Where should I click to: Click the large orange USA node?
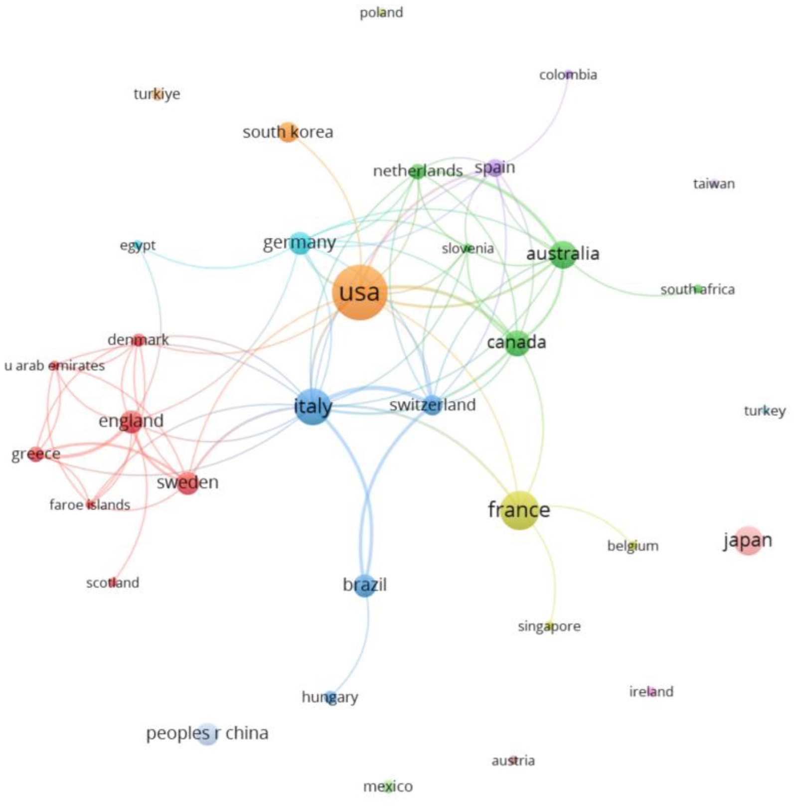point(359,293)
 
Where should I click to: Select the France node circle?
point(519,510)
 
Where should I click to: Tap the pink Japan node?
point(748,540)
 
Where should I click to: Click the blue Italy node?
point(313,407)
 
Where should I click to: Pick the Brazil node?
point(365,585)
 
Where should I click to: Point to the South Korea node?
point(288,132)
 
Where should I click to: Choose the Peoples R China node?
point(207,734)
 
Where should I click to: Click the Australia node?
point(563,254)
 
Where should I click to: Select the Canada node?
point(517,342)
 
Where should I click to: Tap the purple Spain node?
point(495,167)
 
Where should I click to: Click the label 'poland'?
point(381,12)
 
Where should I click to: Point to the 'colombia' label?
point(568,75)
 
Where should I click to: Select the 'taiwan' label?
point(714,184)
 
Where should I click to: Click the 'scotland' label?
point(113,583)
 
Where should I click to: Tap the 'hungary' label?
point(329,697)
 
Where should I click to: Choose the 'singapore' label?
point(549,626)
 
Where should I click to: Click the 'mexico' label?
point(388,787)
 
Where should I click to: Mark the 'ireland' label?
point(651,692)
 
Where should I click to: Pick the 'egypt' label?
point(138,245)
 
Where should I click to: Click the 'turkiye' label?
point(157,94)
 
